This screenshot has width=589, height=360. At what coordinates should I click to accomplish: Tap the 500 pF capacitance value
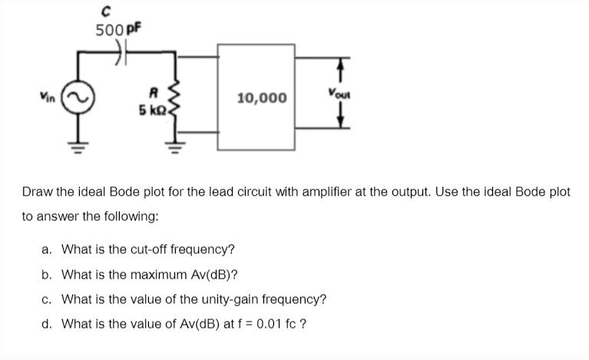point(116,31)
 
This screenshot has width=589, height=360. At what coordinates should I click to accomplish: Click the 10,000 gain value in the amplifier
point(263,97)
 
